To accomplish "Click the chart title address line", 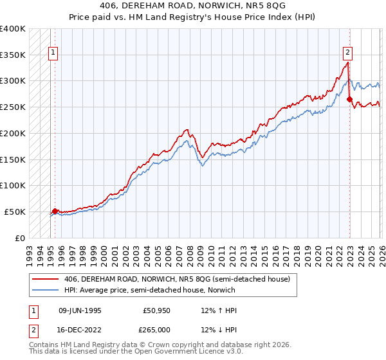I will (192, 4).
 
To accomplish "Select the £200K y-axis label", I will (13, 134).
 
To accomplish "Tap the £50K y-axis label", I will (15, 212).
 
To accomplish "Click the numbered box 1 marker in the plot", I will (52, 53).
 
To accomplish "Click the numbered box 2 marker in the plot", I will (347, 53).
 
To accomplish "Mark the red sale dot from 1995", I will (55, 211).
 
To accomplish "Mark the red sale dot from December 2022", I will (349, 99).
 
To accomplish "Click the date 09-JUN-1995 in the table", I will (80, 310).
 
